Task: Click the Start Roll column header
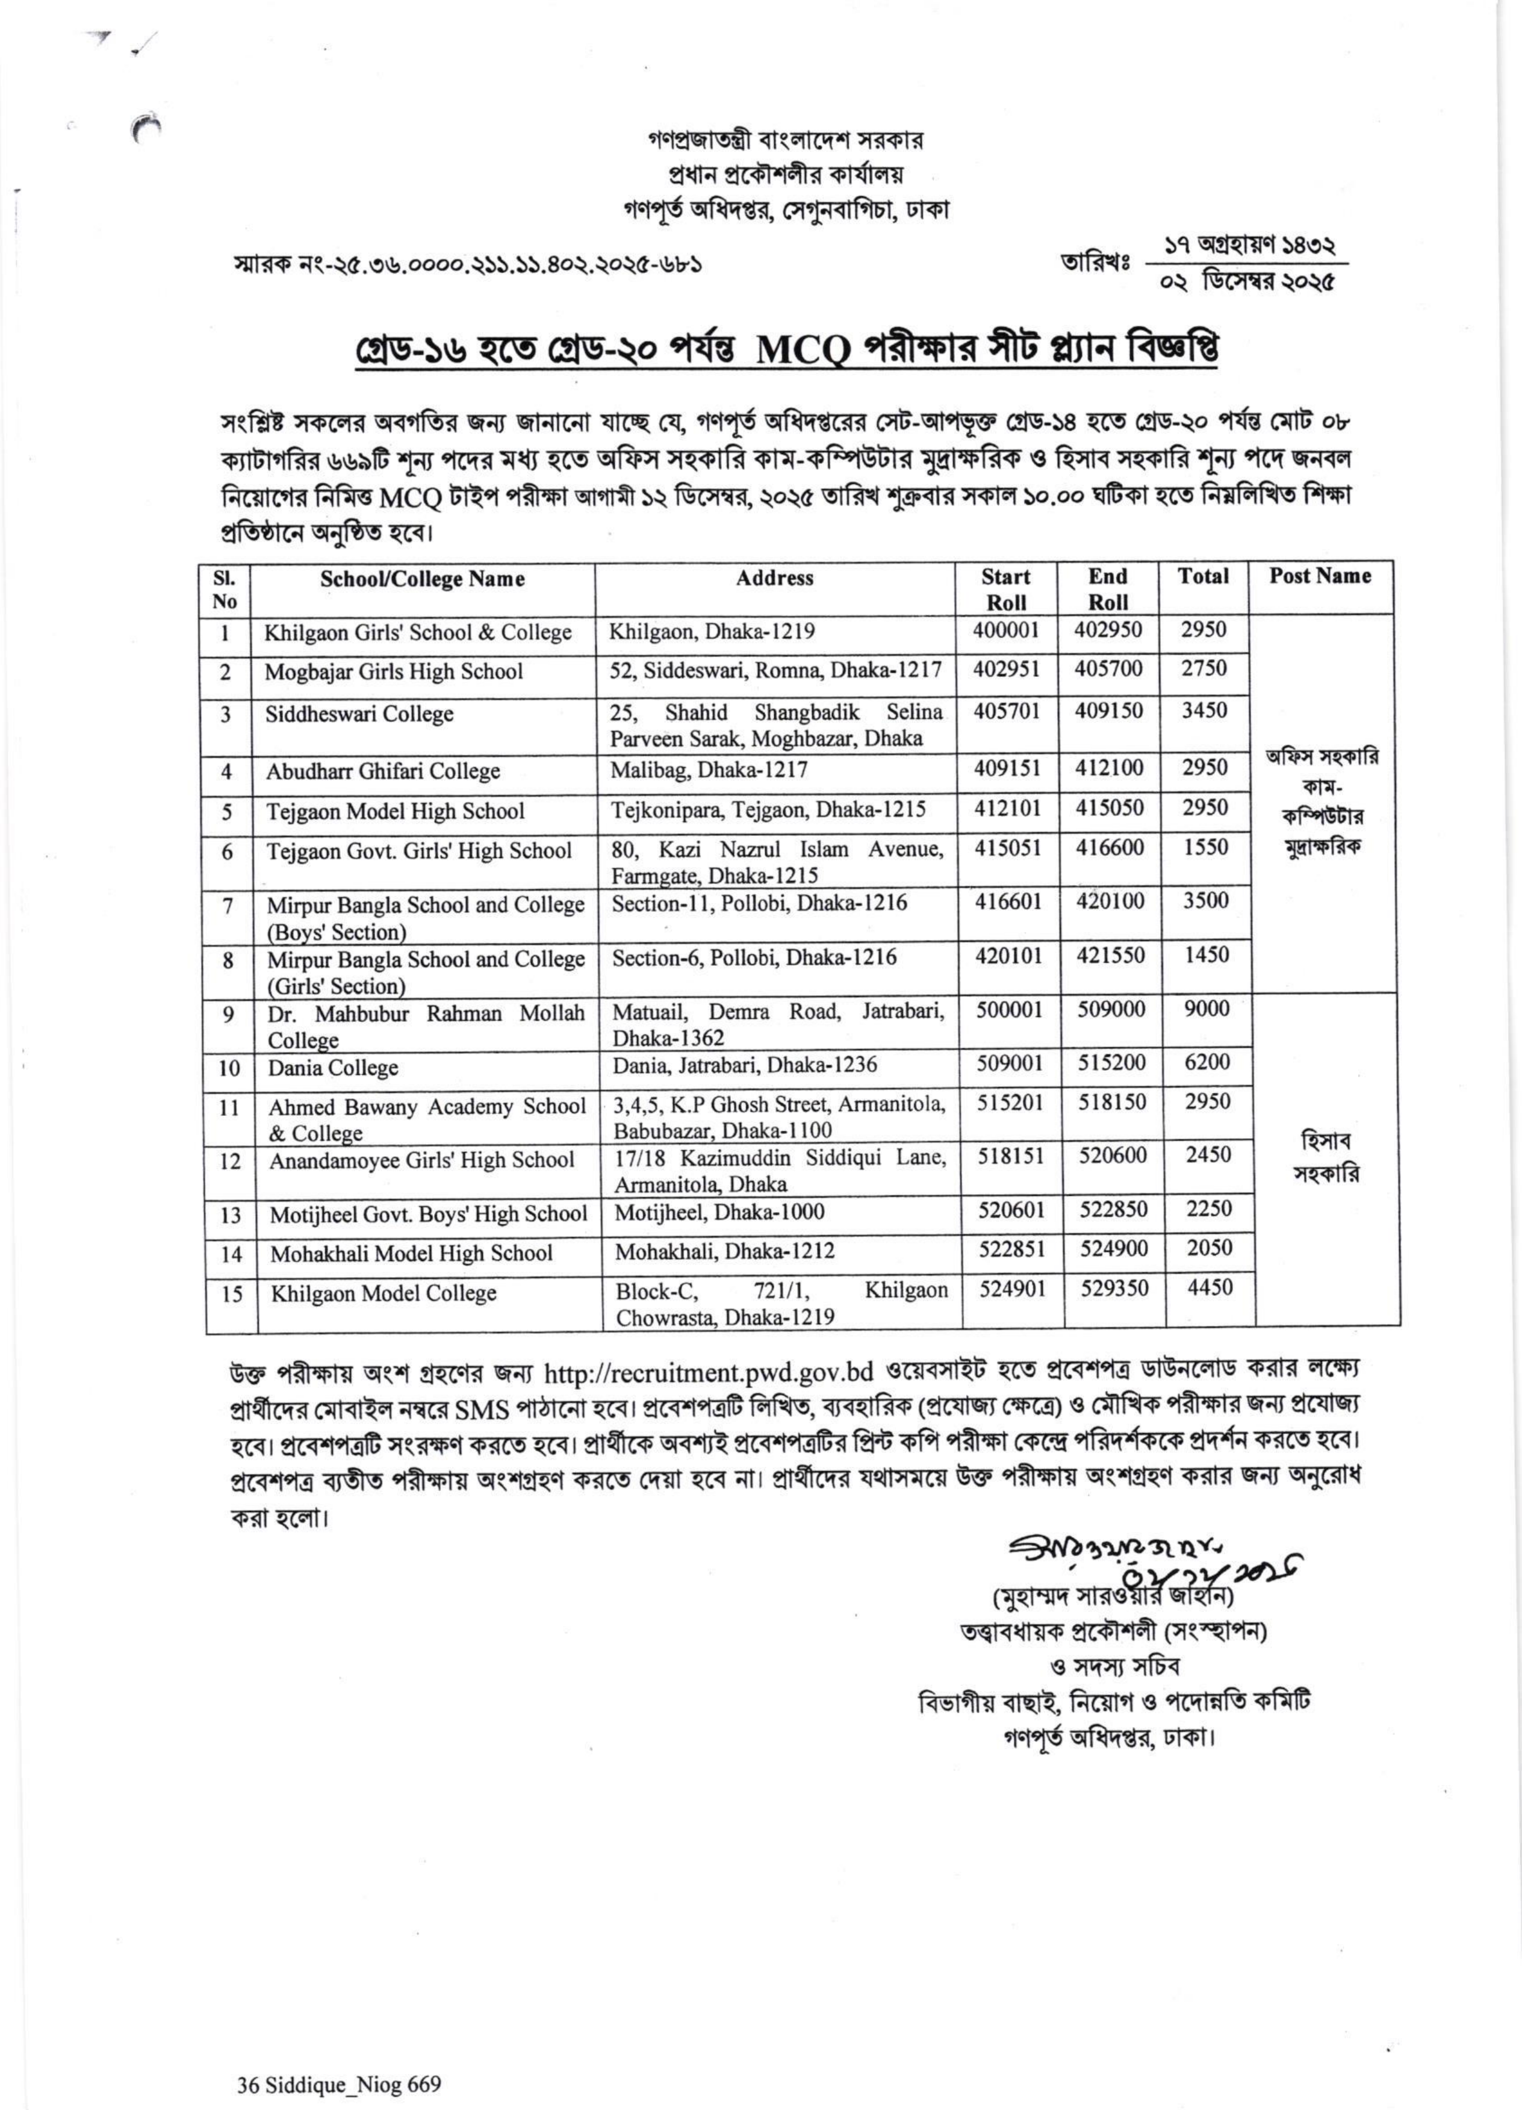[x=1005, y=589]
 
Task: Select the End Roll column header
[x=1107, y=589]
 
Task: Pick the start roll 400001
[x=1005, y=630]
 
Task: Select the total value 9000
[x=1207, y=1009]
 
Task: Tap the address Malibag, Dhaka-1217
[x=709, y=770]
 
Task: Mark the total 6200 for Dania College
[x=1207, y=1062]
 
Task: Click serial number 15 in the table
[x=232, y=1294]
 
